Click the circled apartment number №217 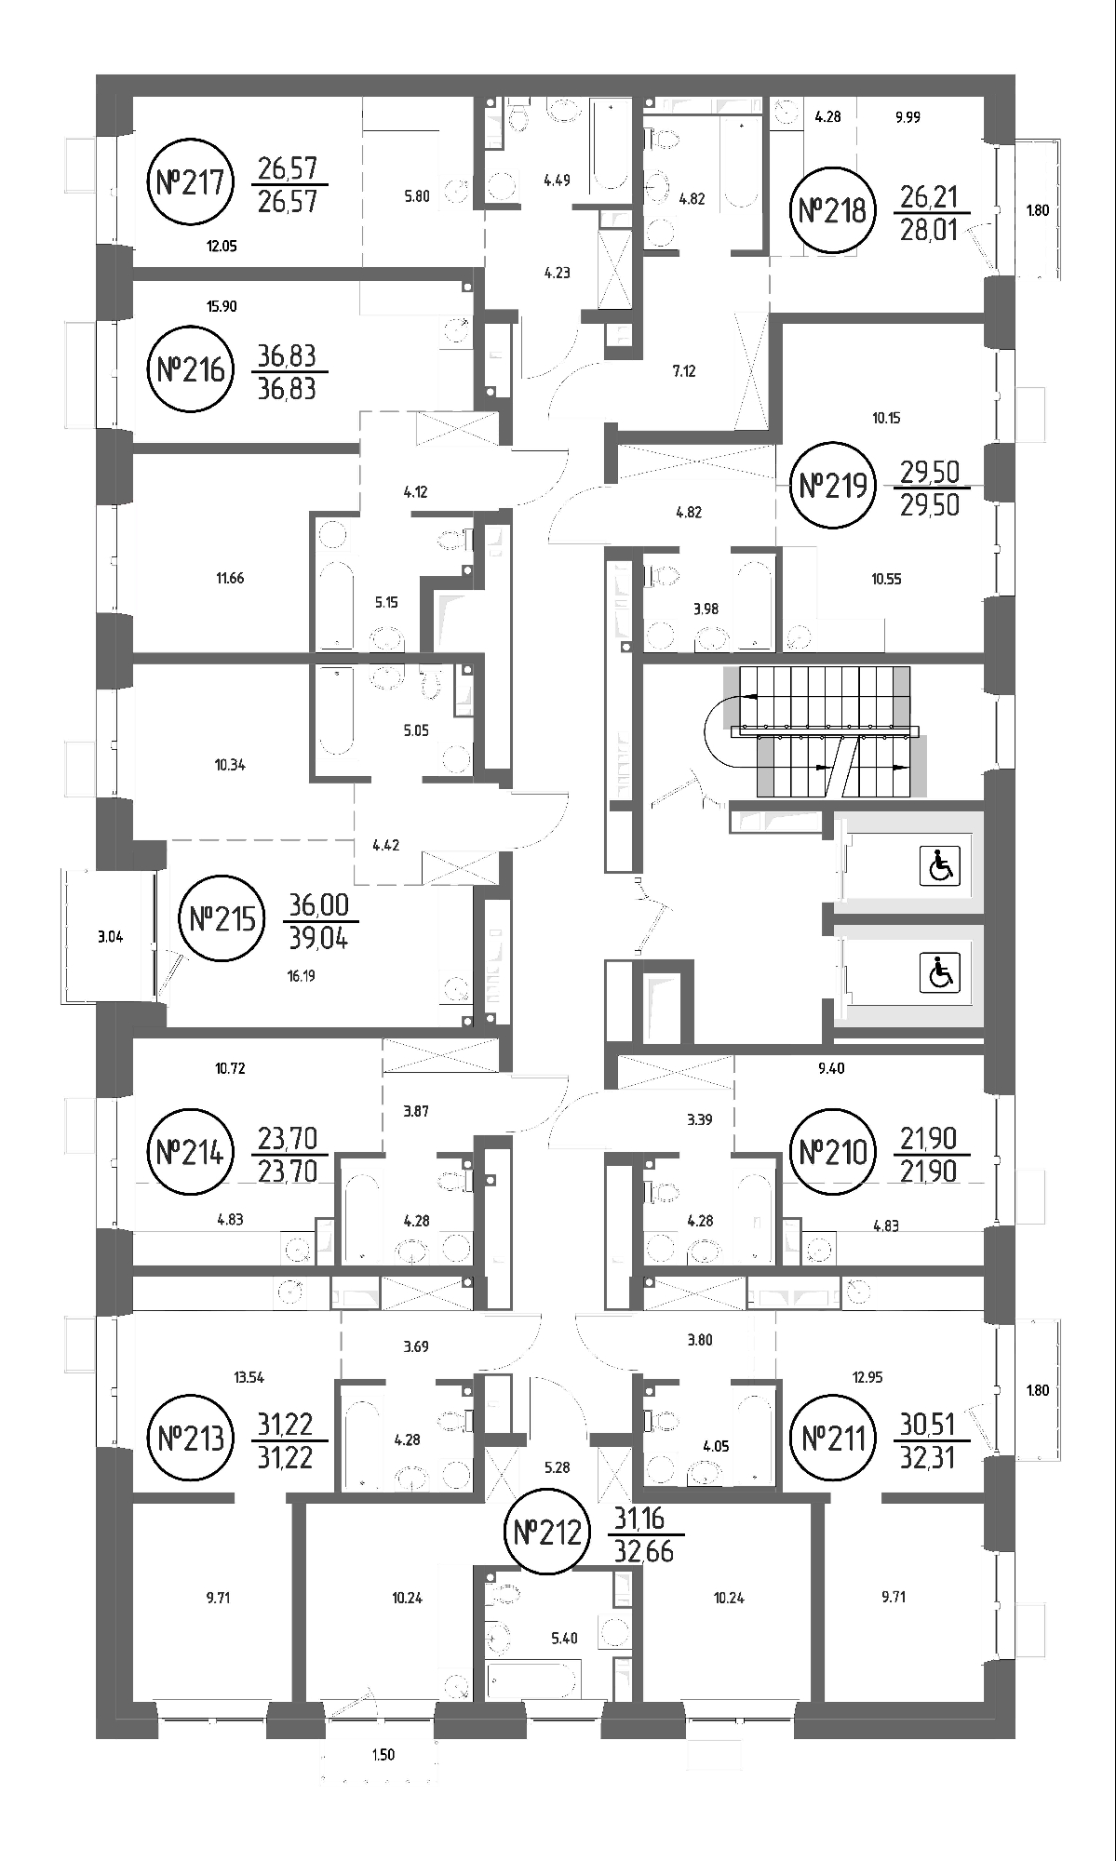pyautogui.click(x=190, y=181)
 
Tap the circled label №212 pyautogui.click(x=547, y=1531)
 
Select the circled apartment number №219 pyautogui.click(x=834, y=485)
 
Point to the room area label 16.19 pyautogui.click(x=302, y=976)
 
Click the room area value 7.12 pyautogui.click(x=684, y=370)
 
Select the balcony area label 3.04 pyautogui.click(x=110, y=937)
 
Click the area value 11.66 pyautogui.click(x=230, y=578)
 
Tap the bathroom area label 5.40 pyautogui.click(x=565, y=1638)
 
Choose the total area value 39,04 pyautogui.click(x=319, y=938)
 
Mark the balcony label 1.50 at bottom pyautogui.click(x=383, y=1755)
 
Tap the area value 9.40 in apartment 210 pyautogui.click(x=831, y=1068)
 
